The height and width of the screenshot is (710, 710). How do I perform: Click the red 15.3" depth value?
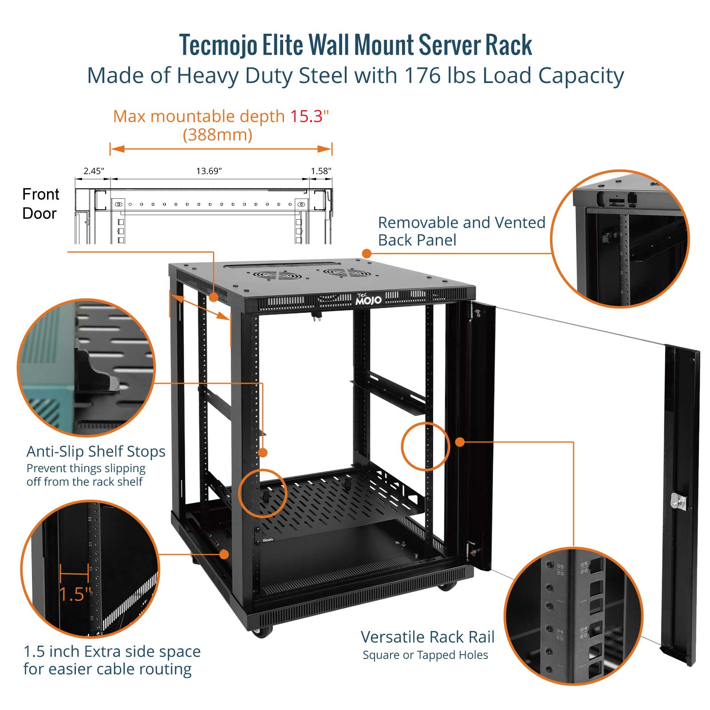click(309, 116)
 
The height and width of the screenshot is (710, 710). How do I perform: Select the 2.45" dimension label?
click(94, 171)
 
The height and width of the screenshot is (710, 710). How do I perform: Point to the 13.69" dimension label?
click(209, 171)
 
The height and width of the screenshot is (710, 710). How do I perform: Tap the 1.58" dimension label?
click(321, 171)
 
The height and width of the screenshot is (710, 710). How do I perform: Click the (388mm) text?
click(217, 135)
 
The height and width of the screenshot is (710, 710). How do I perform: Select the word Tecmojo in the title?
click(218, 45)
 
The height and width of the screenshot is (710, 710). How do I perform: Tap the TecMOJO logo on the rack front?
click(368, 300)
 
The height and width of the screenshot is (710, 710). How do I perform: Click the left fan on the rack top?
click(277, 275)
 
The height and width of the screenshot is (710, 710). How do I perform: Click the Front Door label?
click(40, 204)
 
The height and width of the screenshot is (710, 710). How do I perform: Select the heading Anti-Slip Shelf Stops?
click(96, 451)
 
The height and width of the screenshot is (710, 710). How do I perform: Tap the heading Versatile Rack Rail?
click(427, 637)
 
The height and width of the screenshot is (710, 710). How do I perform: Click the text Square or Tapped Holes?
click(425, 655)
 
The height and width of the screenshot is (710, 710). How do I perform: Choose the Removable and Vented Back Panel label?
click(461, 231)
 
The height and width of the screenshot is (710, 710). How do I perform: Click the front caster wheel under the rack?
click(262, 632)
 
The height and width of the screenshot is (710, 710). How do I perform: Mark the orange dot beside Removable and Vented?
click(367, 253)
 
